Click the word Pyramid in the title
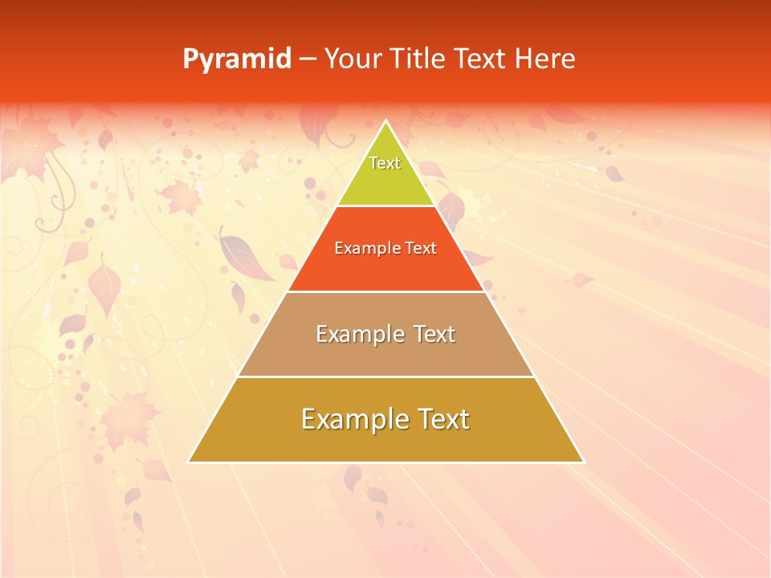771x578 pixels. tap(237, 59)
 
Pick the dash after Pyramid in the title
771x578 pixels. tap(307, 59)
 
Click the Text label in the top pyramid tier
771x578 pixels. tap(385, 163)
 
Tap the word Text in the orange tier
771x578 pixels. tap(421, 248)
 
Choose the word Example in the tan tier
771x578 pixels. tap(353, 334)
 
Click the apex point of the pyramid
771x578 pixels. tap(385, 121)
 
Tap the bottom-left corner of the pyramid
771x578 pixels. tap(189, 462)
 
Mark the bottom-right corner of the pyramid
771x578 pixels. tap(583, 462)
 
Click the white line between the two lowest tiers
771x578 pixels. tap(385, 377)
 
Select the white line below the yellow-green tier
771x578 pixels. tap(385, 206)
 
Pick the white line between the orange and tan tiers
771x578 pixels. tap(385, 291)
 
